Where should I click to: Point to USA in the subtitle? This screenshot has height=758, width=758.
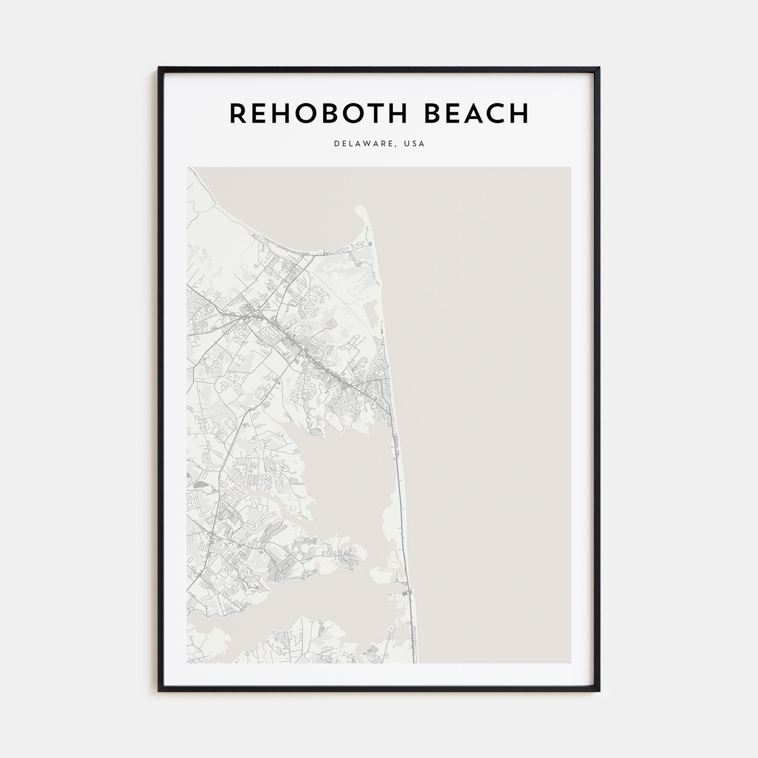pyautogui.click(x=414, y=144)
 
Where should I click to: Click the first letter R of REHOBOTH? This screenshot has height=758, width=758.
pyautogui.click(x=238, y=114)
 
